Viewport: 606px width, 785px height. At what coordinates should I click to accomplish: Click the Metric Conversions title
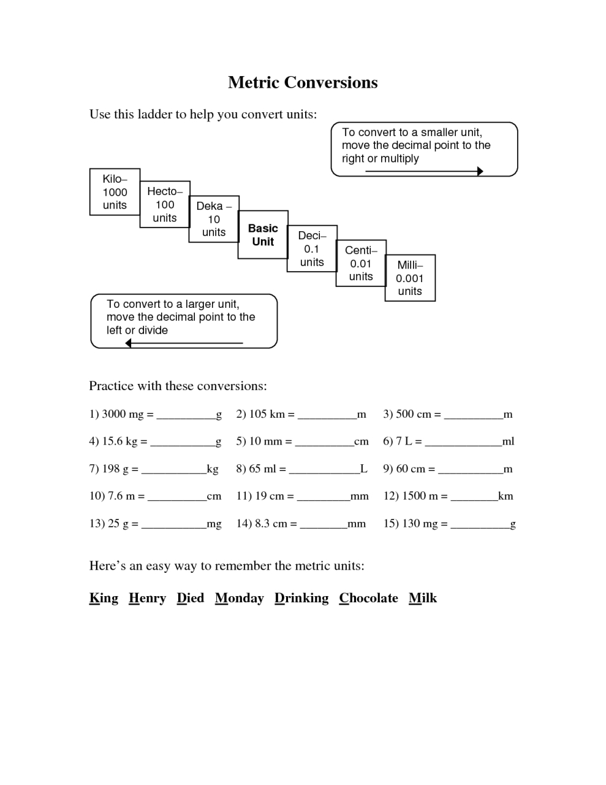303,82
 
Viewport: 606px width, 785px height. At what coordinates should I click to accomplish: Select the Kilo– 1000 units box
115,192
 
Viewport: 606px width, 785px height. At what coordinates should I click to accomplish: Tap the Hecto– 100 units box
165,204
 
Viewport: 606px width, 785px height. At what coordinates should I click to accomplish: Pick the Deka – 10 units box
214,219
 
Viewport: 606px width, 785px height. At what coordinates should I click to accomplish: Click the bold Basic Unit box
263,235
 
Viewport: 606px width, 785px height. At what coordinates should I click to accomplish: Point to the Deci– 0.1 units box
312,248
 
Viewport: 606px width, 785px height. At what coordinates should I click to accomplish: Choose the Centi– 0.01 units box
361,263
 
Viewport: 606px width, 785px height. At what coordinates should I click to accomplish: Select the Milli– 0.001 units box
410,278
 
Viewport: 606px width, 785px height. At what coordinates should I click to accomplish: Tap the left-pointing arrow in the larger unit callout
184,343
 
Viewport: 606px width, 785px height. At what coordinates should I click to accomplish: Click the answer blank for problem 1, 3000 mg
186,416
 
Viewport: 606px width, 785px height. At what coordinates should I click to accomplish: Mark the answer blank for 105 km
327,416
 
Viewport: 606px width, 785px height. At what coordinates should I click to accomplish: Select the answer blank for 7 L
463,443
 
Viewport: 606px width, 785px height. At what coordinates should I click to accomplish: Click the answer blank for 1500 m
474,497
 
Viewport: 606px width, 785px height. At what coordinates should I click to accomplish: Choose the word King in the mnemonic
104,598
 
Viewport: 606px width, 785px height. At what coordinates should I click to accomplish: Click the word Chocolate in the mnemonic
368,598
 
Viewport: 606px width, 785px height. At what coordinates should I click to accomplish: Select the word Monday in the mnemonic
239,598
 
